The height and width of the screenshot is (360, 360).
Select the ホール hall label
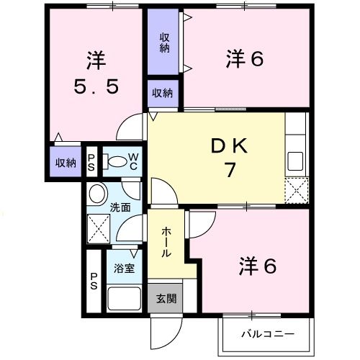coord(165,243)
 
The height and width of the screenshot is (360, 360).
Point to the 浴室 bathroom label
coord(124,269)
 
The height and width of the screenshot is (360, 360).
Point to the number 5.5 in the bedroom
coord(95,87)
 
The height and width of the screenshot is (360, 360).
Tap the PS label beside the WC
coord(92,161)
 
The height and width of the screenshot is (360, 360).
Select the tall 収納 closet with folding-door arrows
coord(165,42)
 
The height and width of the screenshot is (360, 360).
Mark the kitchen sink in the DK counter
coord(297,159)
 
